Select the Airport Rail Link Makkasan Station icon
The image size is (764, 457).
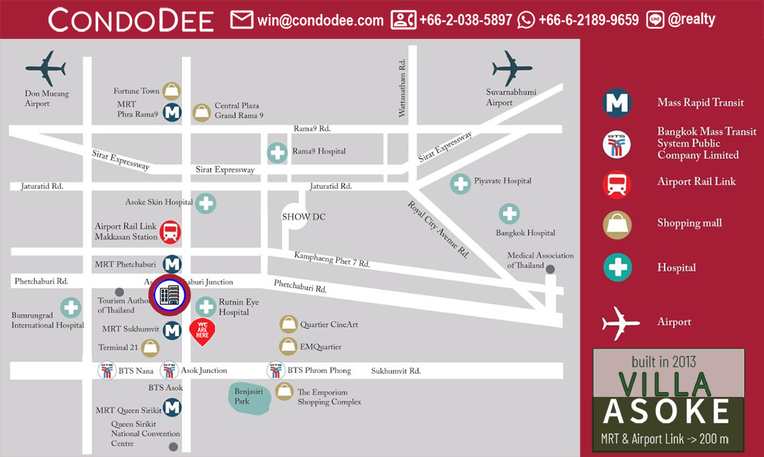pos(170,232)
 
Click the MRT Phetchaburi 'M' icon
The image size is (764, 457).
pos(172,264)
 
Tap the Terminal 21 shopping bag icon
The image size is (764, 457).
pos(151,348)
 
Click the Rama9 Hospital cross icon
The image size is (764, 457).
pos(277,152)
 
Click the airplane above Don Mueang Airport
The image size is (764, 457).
pos(46,67)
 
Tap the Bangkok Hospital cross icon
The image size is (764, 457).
pos(509,214)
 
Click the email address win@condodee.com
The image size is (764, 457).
pos(320,20)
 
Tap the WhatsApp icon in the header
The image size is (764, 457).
pos(527,20)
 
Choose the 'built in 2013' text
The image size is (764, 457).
pos(668,362)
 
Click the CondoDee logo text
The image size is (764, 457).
pos(131,20)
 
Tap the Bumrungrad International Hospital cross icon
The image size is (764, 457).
pos(71,308)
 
